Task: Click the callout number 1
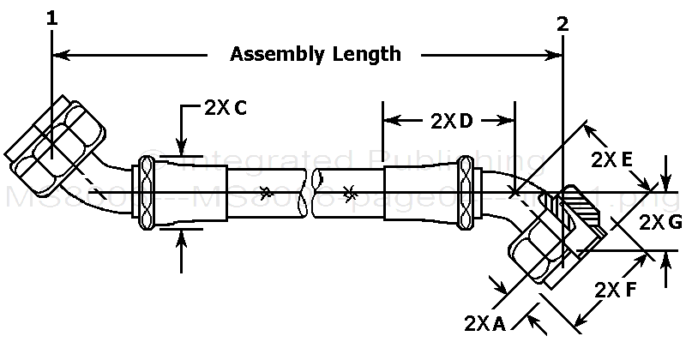tap(52, 16)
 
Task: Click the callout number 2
tap(563, 24)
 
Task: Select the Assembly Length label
tap(316, 55)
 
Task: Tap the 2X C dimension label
tap(227, 108)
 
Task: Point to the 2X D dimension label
tap(450, 121)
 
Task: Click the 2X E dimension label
tap(612, 160)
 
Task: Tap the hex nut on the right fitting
tap(540, 249)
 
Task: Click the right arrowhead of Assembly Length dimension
tap(556, 56)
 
